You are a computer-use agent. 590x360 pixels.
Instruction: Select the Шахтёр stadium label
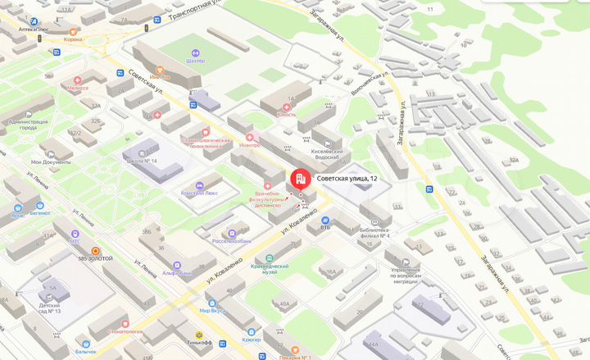[196, 61]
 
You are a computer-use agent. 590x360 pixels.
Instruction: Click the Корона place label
[74, 39]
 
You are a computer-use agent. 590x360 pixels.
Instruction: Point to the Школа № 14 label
[143, 161]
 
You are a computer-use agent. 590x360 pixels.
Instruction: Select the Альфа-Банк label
[177, 273]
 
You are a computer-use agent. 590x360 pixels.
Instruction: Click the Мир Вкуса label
[212, 311]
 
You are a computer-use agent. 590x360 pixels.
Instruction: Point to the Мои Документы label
[52, 162]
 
